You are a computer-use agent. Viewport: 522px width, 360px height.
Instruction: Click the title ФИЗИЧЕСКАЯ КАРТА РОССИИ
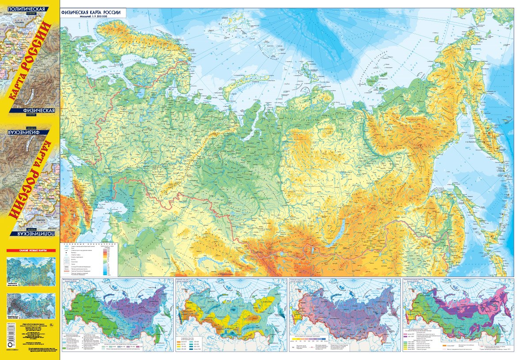[x=93, y=11]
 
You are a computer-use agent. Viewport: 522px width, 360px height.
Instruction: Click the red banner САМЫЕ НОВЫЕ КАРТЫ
[x=31, y=250]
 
